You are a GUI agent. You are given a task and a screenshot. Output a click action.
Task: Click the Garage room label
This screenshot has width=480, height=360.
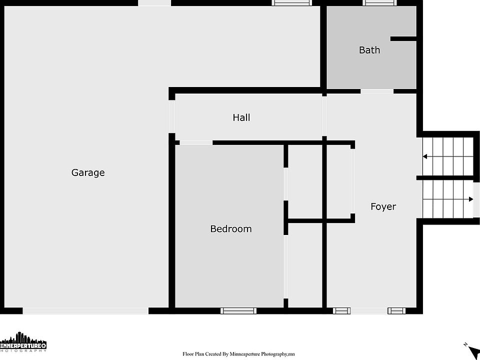(x=88, y=172)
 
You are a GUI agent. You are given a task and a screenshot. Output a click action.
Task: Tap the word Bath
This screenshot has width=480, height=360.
(x=369, y=50)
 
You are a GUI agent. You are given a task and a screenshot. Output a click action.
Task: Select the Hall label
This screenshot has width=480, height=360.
(x=241, y=117)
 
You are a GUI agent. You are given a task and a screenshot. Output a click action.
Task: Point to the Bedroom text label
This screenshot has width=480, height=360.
(x=231, y=228)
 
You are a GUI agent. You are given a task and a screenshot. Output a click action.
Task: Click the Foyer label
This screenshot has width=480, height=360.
(x=383, y=206)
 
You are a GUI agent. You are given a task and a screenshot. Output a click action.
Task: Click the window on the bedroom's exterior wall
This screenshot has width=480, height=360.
(x=238, y=310)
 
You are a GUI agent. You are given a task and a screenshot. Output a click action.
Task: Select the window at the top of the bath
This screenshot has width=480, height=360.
(x=379, y=3)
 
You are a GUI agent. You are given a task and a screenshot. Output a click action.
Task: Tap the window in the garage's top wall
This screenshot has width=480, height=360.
(x=292, y=3)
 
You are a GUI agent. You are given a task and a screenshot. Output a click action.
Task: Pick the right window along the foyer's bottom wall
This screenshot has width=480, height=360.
(x=396, y=310)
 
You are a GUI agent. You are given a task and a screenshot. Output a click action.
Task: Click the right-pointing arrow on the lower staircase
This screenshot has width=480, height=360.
(x=448, y=199)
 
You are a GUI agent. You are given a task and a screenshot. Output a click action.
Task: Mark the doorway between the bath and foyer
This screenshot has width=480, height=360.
(x=377, y=91)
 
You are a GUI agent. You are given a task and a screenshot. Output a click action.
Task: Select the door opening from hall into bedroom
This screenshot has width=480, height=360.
(x=196, y=142)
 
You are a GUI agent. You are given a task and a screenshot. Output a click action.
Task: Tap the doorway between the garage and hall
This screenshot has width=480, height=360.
(x=171, y=116)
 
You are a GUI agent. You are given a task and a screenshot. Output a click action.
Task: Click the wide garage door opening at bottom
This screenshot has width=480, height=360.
(x=85, y=310)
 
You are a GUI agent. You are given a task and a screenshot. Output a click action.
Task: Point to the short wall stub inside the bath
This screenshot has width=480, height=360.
(x=403, y=39)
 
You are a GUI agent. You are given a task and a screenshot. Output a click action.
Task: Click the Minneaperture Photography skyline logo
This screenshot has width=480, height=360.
(x=23, y=341)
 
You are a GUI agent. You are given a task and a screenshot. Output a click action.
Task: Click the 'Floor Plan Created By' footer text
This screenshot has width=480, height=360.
(x=239, y=354)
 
